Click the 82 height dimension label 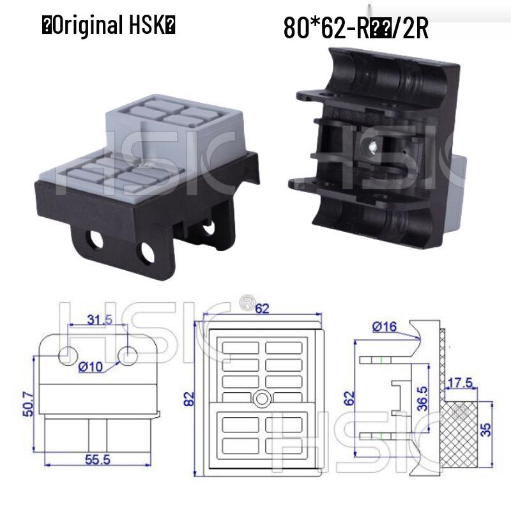pyautogui.click(x=190, y=400)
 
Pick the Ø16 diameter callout pyautogui.click(x=383, y=328)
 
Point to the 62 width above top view pyautogui.click(x=262, y=309)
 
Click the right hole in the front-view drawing pyautogui.click(x=128, y=355)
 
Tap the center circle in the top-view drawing pyautogui.click(x=261, y=399)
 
